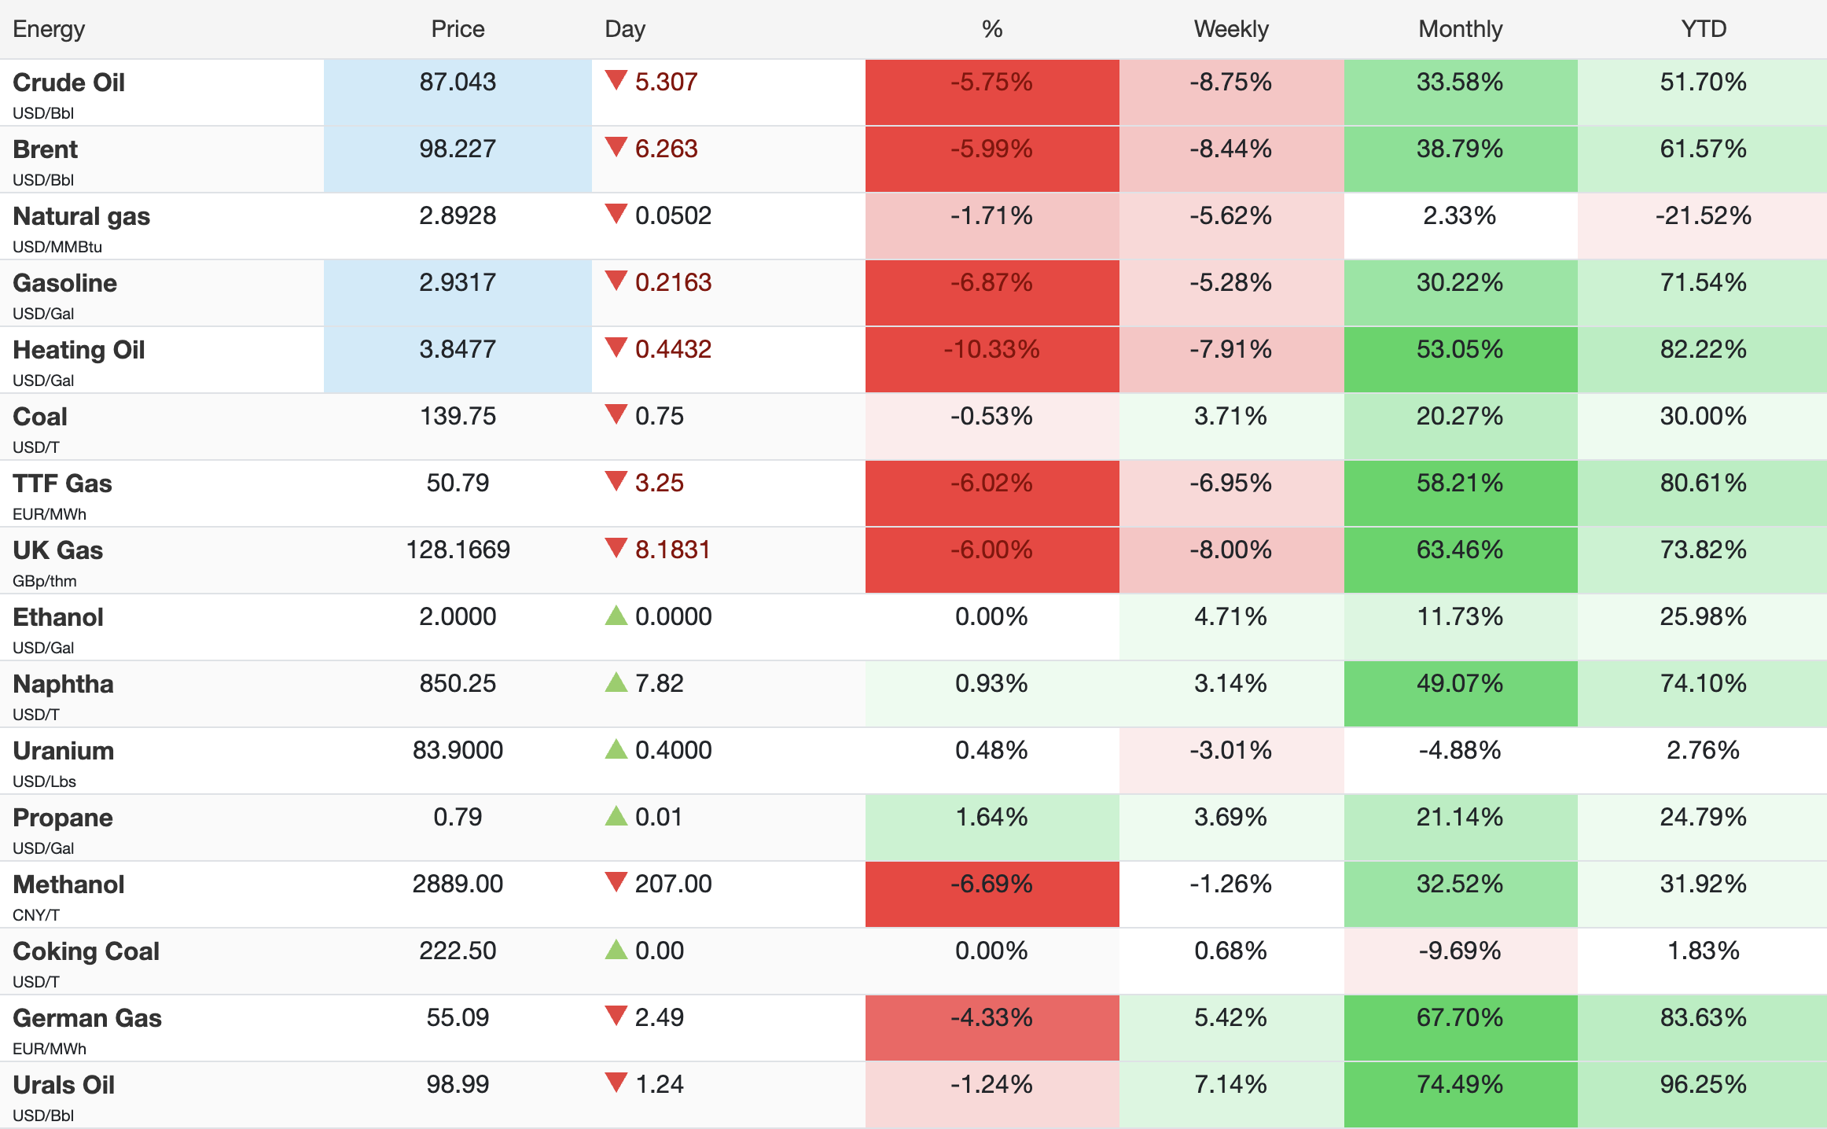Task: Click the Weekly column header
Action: click(1230, 29)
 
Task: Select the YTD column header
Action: click(1703, 29)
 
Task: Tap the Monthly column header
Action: click(1460, 29)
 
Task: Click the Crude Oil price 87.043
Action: click(458, 82)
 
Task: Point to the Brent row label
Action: click(46, 149)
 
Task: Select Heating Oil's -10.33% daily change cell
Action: click(991, 350)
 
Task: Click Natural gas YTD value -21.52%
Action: click(1703, 216)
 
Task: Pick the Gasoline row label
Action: click(65, 283)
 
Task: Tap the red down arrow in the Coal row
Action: click(616, 414)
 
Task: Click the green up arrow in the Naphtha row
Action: click(616, 682)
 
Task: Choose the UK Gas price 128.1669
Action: click(458, 550)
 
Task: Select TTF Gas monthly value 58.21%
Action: click(1460, 483)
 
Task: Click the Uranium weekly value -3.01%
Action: click(1230, 750)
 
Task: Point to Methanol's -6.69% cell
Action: click(991, 884)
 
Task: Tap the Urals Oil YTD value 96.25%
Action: click(1703, 1085)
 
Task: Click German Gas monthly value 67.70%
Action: click(1460, 1018)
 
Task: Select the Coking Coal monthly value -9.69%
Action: click(1460, 951)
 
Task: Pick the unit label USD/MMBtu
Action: click(57, 247)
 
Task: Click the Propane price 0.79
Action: click(458, 817)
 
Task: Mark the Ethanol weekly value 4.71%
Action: click(1230, 616)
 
